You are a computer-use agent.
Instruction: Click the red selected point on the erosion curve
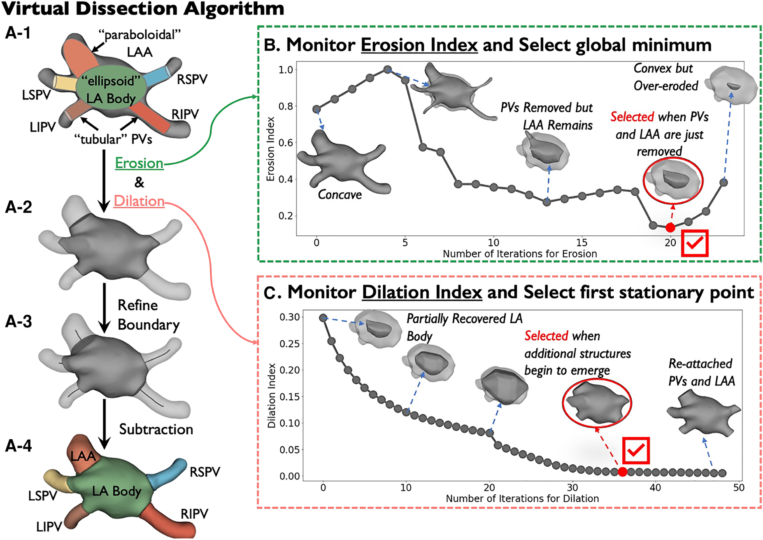click(670, 227)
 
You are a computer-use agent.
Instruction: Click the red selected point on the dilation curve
click(622, 472)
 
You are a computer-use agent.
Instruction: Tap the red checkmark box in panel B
click(695, 243)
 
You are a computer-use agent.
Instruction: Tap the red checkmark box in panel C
click(636, 450)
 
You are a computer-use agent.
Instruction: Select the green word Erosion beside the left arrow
click(139, 163)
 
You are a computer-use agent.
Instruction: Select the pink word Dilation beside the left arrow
click(139, 201)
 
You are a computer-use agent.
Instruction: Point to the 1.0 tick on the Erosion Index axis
click(286, 70)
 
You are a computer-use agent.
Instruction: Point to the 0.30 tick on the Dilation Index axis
click(289, 317)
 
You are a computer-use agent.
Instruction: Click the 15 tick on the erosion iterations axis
click(582, 243)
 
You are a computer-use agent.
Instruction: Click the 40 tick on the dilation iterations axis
click(655, 488)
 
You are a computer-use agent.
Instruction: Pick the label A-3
click(19, 322)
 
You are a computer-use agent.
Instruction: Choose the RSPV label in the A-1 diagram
click(192, 79)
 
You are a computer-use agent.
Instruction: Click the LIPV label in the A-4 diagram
click(49, 527)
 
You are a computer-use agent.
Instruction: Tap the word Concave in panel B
click(340, 195)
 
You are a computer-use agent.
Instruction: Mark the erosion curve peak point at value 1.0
click(387, 70)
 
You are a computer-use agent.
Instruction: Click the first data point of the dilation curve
click(323, 318)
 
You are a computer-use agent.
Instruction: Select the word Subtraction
click(156, 429)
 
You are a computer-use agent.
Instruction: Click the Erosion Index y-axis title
click(270, 149)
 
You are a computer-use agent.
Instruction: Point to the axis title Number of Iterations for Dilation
click(522, 498)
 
